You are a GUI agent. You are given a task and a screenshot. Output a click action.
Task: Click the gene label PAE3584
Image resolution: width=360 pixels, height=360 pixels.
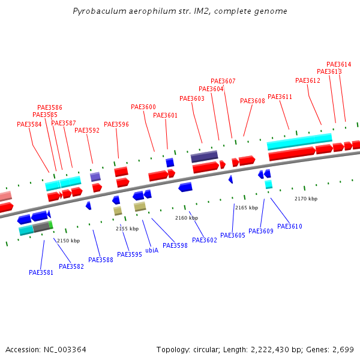coord(29,125)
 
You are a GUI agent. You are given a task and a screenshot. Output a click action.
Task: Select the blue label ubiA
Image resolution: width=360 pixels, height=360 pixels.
coord(152,250)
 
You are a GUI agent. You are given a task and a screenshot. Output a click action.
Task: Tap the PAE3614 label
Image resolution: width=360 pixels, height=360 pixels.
coord(339,65)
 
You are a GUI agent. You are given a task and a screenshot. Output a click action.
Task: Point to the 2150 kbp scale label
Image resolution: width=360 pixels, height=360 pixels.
coord(68,241)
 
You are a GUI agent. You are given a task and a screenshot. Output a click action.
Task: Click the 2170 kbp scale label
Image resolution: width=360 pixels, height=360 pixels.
coord(306,199)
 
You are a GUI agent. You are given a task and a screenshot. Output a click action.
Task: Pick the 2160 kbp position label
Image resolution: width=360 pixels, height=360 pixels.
coord(187,218)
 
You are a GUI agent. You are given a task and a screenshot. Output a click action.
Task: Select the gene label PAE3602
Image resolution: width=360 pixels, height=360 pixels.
coord(205,241)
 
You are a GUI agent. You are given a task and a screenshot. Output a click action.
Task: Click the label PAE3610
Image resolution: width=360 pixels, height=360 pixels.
coord(290,227)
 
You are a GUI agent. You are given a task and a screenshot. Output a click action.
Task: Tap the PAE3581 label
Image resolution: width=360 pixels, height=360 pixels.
coord(41,272)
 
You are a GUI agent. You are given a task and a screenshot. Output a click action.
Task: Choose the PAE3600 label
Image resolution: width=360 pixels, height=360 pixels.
coord(143,107)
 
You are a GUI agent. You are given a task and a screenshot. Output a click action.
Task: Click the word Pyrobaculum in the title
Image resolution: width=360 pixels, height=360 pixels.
coord(97,11)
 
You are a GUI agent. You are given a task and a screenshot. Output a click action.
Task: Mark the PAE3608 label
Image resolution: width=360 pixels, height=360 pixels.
coord(253,101)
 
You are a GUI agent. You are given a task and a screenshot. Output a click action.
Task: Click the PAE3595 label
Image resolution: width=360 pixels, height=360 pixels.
coord(130,255)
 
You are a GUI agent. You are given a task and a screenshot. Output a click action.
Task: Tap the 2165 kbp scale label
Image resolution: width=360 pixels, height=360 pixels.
coord(247,208)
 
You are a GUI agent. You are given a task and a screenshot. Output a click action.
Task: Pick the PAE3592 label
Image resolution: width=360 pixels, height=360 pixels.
coord(87,130)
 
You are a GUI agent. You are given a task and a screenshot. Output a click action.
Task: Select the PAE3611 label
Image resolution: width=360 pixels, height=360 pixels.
coord(280,97)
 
